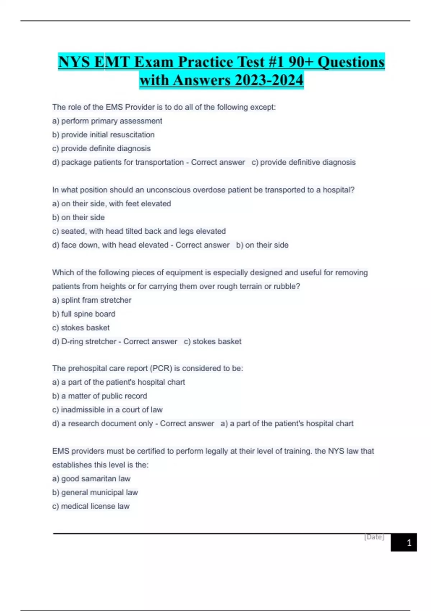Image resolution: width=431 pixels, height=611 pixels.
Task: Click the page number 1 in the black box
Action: pyautogui.click(x=409, y=543)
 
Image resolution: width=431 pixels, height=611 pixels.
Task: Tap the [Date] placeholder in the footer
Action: pyautogui.click(x=374, y=537)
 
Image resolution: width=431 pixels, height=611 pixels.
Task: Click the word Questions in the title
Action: pyautogui.click(x=351, y=62)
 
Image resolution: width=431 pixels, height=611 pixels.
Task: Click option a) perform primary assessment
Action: pyautogui.click(x=107, y=121)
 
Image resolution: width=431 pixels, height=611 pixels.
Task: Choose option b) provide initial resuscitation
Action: pyautogui.click(x=103, y=135)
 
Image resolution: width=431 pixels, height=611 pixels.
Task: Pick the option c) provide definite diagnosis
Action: pyautogui.click(x=101, y=148)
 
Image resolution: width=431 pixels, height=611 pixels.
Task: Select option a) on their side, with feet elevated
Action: pyautogui.click(x=111, y=204)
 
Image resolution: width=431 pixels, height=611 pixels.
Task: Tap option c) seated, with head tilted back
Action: pyautogui.click(x=139, y=231)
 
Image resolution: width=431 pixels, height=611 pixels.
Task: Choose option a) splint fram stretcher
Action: pyautogui.click(x=92, y=300)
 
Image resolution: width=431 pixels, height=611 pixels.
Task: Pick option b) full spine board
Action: pyautogui.click(x=84, y=314)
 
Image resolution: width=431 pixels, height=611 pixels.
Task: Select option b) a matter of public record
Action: pyautogui.click(x=99, y=396)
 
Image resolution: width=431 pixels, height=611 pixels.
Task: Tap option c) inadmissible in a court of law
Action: pyautogui.click(x=107, y=410)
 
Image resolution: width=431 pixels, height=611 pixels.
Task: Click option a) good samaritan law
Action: pyautogui.click(x=91, y=479)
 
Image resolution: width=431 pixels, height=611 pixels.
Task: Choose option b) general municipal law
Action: pyautogui.click(x=95, y=492)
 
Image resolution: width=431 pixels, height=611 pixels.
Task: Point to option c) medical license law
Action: pyautogui.click(x=91, y=506)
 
